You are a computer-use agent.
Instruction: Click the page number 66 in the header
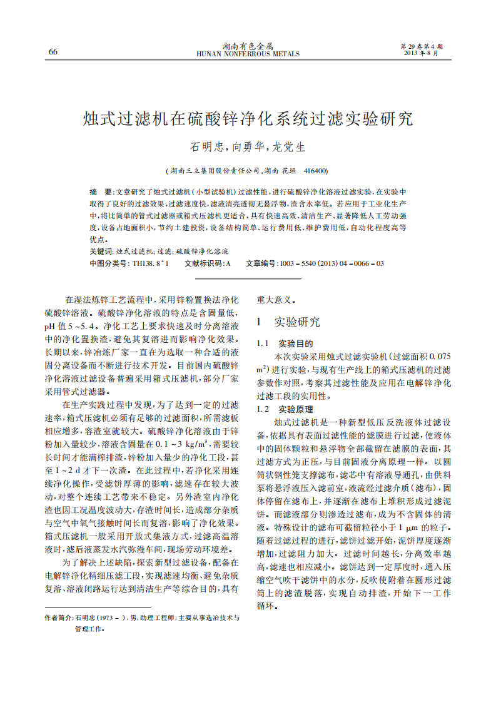point(53,52)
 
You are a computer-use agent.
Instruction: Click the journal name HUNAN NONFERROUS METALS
point(248,54)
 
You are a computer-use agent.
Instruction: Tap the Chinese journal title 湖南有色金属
point(248,46)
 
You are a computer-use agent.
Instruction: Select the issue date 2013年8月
point(422,53)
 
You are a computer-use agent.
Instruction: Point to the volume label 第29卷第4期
point(422,46)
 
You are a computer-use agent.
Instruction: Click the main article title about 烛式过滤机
point(248,118)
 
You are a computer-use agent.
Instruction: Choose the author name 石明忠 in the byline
point(206,148)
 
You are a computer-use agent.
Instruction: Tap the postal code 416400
point(315,170)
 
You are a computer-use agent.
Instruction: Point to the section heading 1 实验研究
point(288,322)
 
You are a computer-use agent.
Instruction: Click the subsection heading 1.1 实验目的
point(285,343)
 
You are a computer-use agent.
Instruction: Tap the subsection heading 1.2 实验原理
point(285,409)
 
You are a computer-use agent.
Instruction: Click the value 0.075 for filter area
point(436,355)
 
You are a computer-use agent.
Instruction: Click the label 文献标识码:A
point(208,263)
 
